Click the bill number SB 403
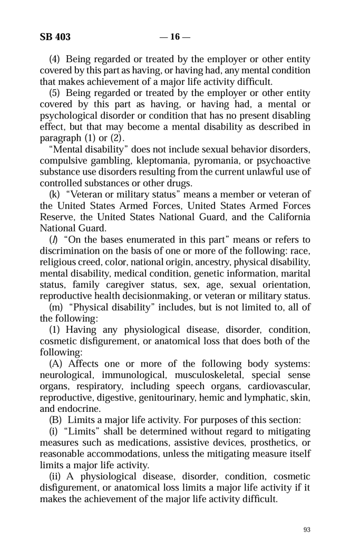(55, 37)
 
